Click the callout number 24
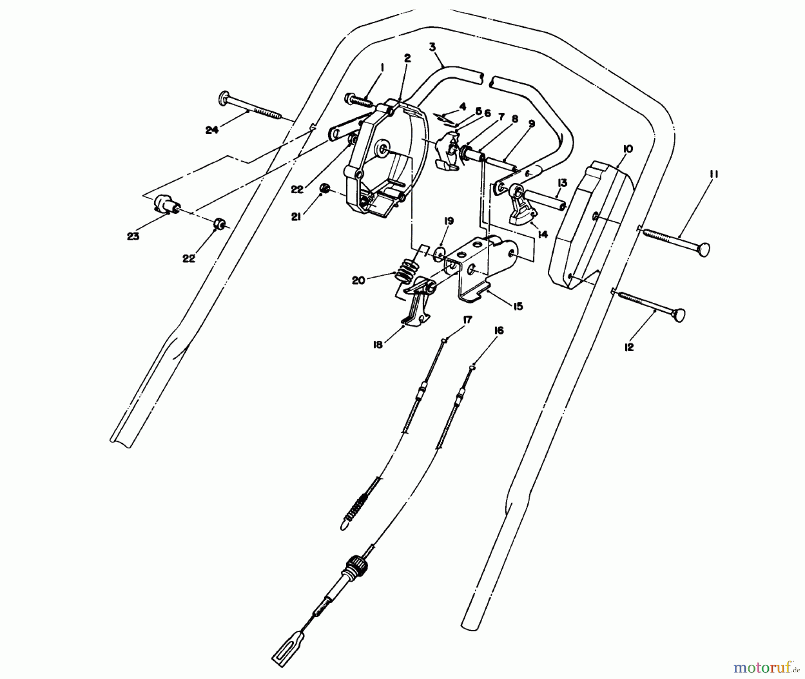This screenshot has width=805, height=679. pyautogui.click(x=212, y=130)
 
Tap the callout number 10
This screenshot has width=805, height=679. pyautogui.click(x=627, y=149)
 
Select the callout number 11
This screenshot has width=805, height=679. pyautogui.click(x=713, y=174)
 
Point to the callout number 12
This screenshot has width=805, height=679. pyautogui.click(x=629, y=347)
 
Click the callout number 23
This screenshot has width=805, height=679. pyautogui.click(x=133, y=237)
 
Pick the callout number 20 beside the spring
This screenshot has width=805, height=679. pyautogui.click(x=359, y=280)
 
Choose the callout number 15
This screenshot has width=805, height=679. pyautogui.click(x=518, y=306)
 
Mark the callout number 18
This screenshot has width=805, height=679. pyautogui.click(x=378, y=345)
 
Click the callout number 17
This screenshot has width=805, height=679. pyautogui.click(x=467, y=320)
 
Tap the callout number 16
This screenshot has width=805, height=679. pyautogui.click(x=499, y=331)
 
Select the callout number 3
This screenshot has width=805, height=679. pyautogui.click(x=432, y=47)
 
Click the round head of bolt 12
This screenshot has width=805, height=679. pyautogui.click(x=679, y=315)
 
